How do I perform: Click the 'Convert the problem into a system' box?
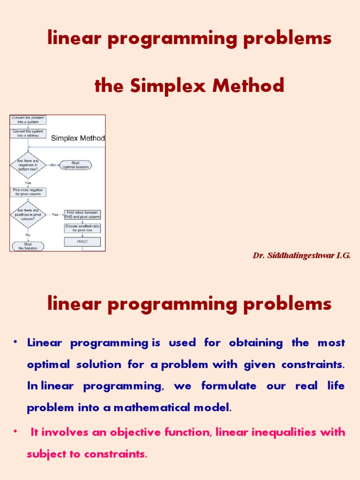point(28,120)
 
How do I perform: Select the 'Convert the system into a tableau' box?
point(28,134)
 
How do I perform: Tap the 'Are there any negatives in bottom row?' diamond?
point(28,165)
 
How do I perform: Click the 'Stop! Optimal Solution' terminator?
point(75,165)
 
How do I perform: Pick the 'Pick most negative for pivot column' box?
point(28,192)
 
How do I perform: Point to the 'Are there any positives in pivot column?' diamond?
point(28,214)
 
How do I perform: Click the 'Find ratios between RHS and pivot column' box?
point(82,215)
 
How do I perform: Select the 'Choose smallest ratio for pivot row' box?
point(82,228)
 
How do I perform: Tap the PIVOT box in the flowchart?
point(82,242)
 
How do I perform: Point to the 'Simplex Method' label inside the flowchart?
point(78,138)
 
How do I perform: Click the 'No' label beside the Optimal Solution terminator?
point(53,165)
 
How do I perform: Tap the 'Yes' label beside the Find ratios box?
point(55,215)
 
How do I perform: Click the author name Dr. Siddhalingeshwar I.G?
point(301,255)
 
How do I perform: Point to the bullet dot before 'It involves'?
point(15,430)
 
